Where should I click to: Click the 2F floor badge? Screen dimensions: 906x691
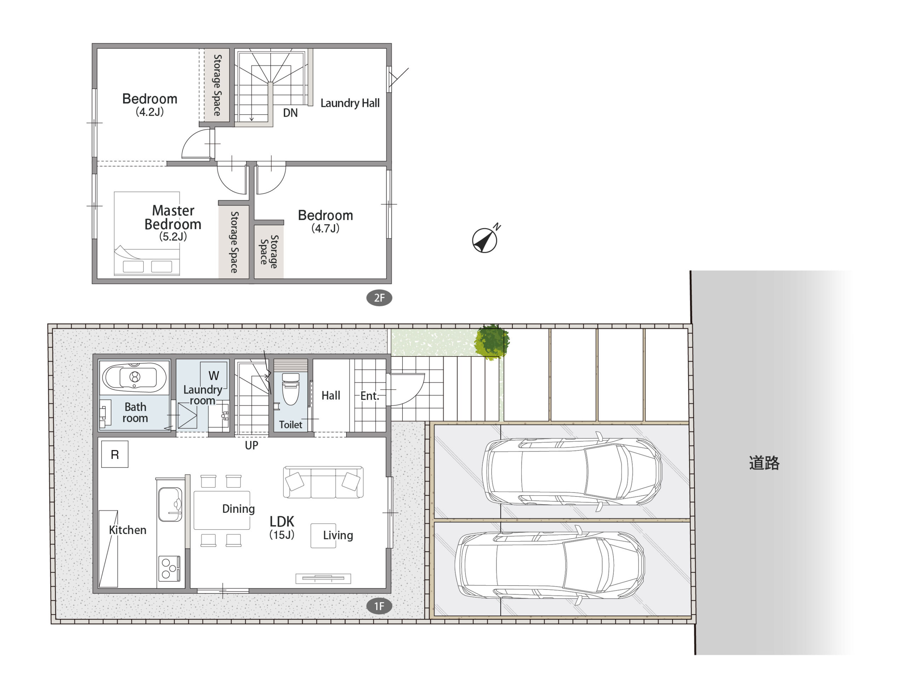click(379, 298)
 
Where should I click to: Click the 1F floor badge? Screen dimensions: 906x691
click(379, 606)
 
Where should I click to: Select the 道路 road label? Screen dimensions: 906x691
click(764, 463)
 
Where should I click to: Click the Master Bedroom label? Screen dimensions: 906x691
click(173, 217)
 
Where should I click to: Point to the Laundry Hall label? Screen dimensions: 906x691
click(350, 103)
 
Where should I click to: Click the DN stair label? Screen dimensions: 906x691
click(290, 113)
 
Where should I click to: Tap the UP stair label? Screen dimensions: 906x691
click(252, 445)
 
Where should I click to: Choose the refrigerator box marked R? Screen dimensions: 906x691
click(115, 454)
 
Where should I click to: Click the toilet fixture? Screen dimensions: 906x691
click(291, 389)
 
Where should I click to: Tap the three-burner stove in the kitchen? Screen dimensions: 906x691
click(169, 568)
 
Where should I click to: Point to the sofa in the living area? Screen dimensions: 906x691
click(323, 482)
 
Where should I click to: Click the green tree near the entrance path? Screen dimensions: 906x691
click(492, 342)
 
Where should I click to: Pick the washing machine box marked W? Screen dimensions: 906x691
click(214, 375)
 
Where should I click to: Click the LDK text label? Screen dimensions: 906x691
click(282, 522)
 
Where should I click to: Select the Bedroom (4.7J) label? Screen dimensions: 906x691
click(325, 221)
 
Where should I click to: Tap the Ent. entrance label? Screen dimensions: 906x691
click(369, 396)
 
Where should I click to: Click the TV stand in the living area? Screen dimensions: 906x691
click(323, 578)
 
